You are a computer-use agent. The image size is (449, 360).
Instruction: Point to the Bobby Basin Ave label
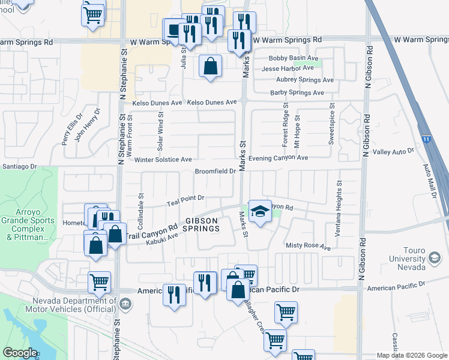(x=293, y=58)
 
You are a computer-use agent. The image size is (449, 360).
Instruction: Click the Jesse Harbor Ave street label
(x=288, y=68)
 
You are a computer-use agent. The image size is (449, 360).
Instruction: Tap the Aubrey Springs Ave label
(x=305, y=80)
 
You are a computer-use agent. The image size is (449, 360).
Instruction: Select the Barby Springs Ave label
(x=297, y=93)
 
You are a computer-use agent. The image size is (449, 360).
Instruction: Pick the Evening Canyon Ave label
(x=278, y=158)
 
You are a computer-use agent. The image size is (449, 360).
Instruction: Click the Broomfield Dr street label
(x=214, y=172)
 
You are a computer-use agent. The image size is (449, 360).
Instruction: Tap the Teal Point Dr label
(x=186, y=197)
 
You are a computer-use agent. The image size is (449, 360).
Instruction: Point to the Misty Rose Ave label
(x=309, y=247)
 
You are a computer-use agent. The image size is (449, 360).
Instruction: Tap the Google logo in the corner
(x=20, y=353)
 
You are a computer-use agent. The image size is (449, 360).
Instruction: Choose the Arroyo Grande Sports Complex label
(x=28, y=229)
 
